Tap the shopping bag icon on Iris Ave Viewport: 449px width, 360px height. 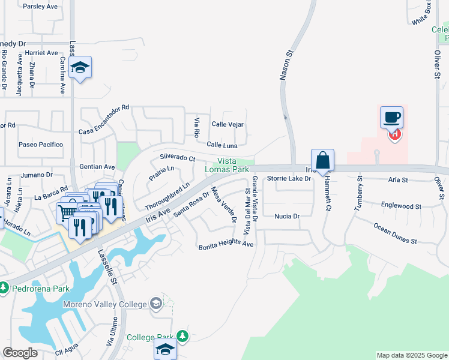(322, 161)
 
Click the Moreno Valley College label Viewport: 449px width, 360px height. (105, 304)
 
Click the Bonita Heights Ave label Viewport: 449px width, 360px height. (226, 245)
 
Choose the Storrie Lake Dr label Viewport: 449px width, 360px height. (289, 178)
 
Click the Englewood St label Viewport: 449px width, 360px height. (401, 205)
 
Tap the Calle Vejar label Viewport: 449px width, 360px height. (228, 124)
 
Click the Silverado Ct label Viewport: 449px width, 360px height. (178, 157)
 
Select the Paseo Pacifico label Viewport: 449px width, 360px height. (41, 145)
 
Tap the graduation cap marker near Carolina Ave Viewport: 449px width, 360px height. (80, 68)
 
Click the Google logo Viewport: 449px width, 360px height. (20, 353)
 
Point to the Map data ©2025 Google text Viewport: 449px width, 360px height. (412, 356)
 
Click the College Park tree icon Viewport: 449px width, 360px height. (182, 336)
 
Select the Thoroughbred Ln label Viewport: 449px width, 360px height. (167, 194)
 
